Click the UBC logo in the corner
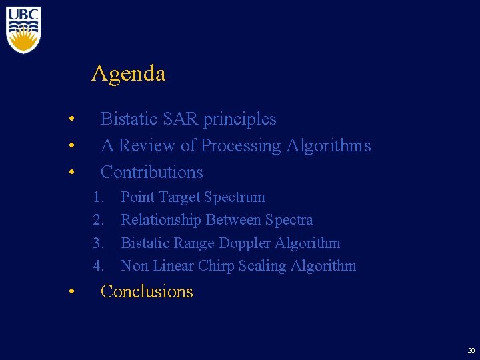pyautogui.click(x=23, y=29)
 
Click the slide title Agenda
pyautogui.click(x=128, y=73)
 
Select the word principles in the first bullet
pyautogui.click(x=239, y=119)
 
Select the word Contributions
pyautogui.click(x=151, y=172)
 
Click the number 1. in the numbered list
pyautogui.click(x=99, y=197)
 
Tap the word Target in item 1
pyautogui.click(x=180, y=197)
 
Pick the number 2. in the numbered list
pyautogui.click(x=99, y=220)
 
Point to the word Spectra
pyautogui.click(x=289, y=220)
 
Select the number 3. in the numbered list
pyautogui.click(x=99, y=243)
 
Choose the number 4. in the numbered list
pyautogui.click(x=99, y=266)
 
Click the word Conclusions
pyautogui.click(x=147, y=291)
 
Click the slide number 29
pyautogui.click(x=471, y=351)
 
